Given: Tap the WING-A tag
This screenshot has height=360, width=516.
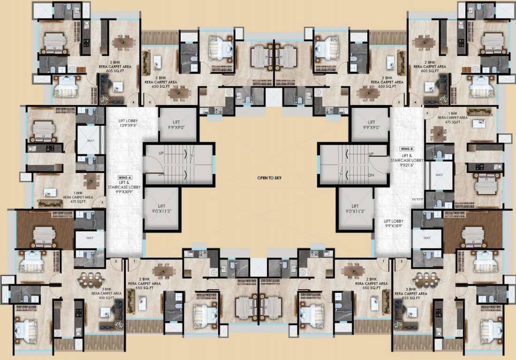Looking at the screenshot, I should (x=124, y=178).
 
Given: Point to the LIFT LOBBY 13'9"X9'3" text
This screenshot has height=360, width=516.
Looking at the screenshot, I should (x=124, y=123).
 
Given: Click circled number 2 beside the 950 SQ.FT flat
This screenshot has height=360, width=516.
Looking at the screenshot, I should (x=115, y=261).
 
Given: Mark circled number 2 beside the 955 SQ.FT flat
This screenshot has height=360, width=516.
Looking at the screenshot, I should (x=402, y=261).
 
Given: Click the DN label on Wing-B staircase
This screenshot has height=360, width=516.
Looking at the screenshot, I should (x=371, y=175).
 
